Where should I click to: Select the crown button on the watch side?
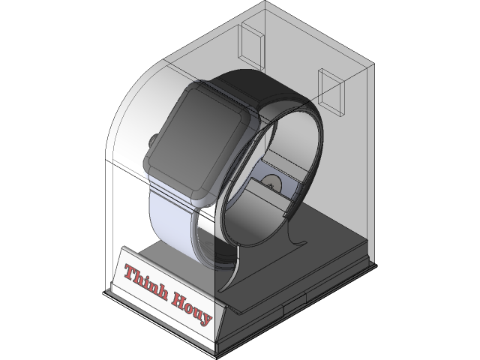pos(152,140)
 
